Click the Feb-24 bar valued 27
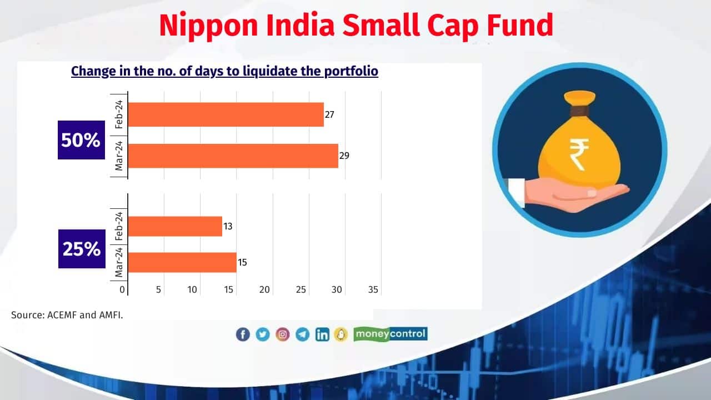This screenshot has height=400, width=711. (x=226, y=114)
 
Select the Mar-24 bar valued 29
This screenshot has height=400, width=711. (x=233, y=156)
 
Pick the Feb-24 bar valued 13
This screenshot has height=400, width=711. (x=175, y=226)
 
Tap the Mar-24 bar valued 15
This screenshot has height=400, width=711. (x=182, y=262)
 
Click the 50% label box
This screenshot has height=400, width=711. (x=81, y=140)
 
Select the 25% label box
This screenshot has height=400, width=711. (x=82, y=249)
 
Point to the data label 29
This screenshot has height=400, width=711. (x=344, y=156)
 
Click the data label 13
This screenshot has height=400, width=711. (x=228, y=227)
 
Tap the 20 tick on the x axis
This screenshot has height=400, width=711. (x=264, y=289)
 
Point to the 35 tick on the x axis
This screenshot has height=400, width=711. (x=373, y=289)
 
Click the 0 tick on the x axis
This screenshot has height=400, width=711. (x=122, y=289)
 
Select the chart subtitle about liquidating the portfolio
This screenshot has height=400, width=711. (x=224, y=71)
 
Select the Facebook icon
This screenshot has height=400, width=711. (x=243, y=334)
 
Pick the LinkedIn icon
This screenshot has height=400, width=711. (x=322, y=334)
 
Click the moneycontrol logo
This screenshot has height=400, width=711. (x=390, y=334)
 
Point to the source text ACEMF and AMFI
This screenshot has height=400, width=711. (x=67, y=315)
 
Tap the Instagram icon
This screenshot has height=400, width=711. (x=283, y=334)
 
